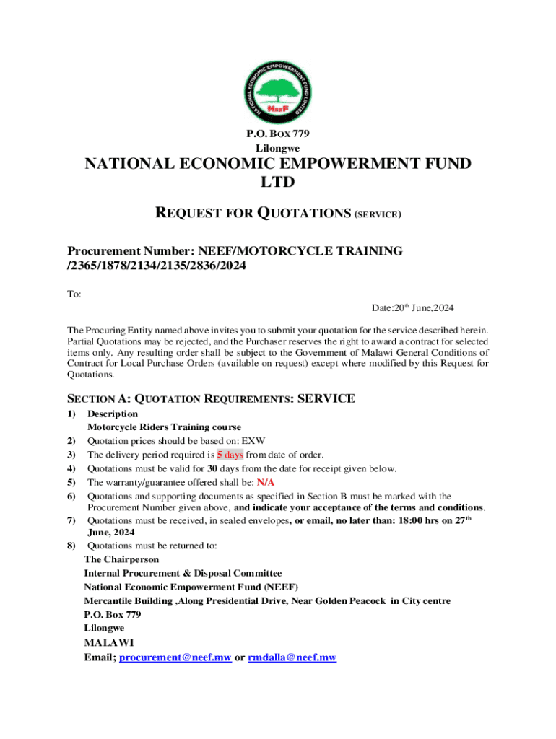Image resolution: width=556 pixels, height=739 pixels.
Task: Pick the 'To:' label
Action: (x=74, y=294)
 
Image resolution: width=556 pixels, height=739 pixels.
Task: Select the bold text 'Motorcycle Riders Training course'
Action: (x=164, y=427)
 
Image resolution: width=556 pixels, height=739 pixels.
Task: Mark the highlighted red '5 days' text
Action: (x=230, y=455)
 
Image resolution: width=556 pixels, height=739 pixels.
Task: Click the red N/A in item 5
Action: (x=266, y=482)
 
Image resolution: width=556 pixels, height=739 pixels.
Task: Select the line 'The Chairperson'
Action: (x=121, y=559)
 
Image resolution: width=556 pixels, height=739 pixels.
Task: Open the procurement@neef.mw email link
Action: (x=175, y=657)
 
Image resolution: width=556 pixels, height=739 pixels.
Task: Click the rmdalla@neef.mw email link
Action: (x=292, y=657)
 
